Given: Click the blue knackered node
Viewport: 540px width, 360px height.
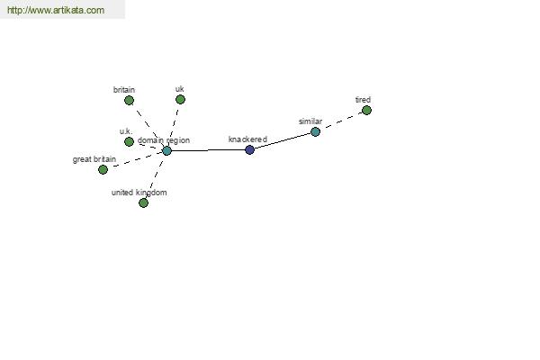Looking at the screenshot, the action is click(249, 150).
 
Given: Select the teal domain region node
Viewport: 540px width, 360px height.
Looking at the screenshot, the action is click(166, 150).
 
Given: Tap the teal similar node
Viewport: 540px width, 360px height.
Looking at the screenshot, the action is click(315, 131).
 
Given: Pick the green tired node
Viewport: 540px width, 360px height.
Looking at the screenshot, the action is click(366, 110).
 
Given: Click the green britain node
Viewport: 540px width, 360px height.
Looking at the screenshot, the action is click(129, 100).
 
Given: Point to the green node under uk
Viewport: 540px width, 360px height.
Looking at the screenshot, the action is click(180, 100).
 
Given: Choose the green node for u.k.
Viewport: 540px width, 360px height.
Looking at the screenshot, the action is click(129, 141).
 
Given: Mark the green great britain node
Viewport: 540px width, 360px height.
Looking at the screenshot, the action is click(103, 169).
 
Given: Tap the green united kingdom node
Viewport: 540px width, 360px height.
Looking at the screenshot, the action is click(143, 202).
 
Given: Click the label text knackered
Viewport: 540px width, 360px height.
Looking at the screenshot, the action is click(247, 139).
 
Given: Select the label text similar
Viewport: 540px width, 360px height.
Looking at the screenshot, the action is click(310, 121).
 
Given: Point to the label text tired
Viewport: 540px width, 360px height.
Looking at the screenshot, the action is click(363, 100).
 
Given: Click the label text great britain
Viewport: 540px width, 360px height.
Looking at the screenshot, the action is click(94, 159).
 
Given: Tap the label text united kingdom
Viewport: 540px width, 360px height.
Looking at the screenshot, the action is click(139, 193).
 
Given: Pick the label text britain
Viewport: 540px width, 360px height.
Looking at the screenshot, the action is click(124, 90).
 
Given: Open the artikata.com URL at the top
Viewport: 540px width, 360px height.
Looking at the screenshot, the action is click(56, 10).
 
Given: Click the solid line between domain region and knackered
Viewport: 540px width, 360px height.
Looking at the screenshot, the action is click(208, 150).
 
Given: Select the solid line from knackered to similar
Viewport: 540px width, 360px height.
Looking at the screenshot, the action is click(283, 141).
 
